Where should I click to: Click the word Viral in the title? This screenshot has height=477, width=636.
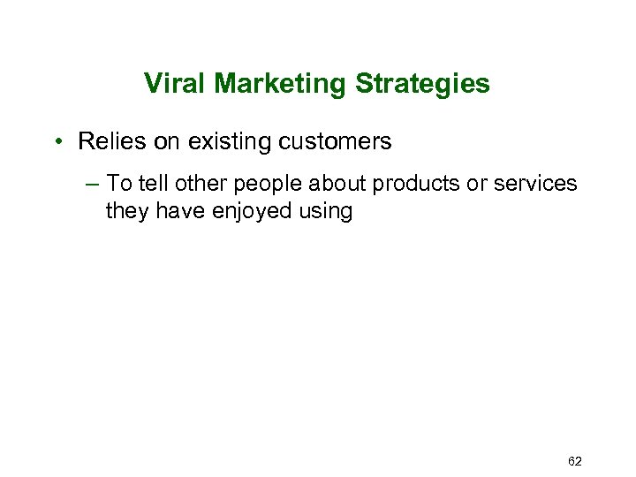coord(175,84)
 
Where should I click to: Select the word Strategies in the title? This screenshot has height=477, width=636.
coord(422,84)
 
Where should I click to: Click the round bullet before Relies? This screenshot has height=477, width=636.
coord(57,142)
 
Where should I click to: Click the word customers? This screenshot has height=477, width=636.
coord(335,141)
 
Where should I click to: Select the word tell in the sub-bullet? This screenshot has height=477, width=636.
coord(155,184)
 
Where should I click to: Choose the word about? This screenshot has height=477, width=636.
coord(337,184)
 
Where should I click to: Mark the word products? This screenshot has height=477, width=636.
coord(415,185)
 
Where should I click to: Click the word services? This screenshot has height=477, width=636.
coord(537,184)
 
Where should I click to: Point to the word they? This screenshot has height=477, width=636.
coord(126,212)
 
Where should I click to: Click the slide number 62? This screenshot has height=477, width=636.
coord(575,461)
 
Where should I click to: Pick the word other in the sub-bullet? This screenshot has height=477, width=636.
coord(201,184)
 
